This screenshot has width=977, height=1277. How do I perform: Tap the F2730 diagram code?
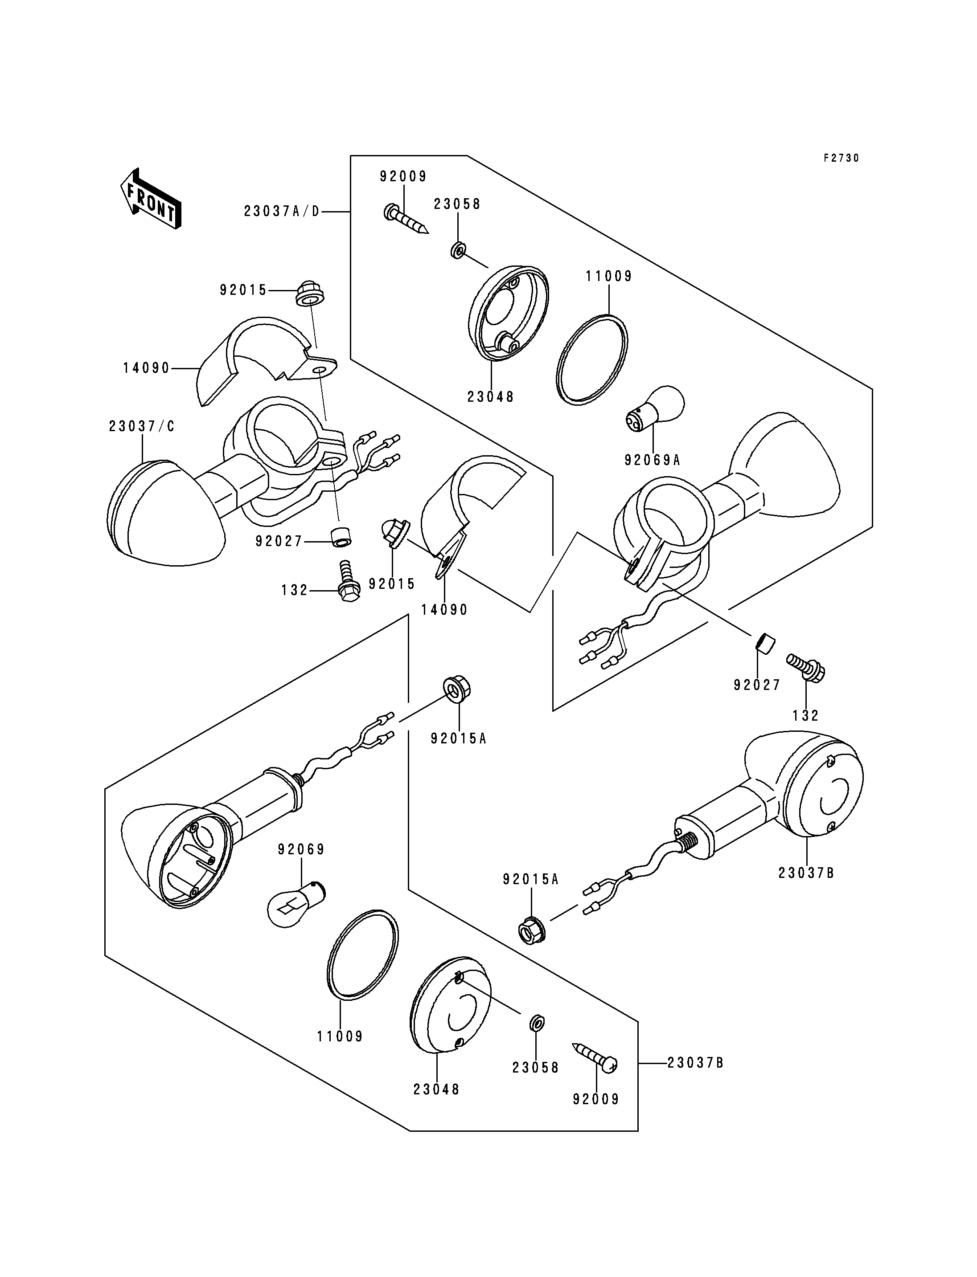(841, 158)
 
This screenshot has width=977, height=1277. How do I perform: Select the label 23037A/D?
(282, 212)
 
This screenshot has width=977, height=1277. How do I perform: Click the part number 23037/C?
(142, 427)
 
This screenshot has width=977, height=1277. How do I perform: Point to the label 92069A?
(652, 460)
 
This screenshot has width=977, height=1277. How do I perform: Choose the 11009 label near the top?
(609, 276)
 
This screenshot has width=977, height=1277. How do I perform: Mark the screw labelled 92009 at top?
(405, 219)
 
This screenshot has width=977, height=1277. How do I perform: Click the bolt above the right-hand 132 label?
(806, 667)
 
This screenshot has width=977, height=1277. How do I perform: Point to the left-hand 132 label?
(294, 591)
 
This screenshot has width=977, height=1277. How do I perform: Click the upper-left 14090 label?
(146, 368)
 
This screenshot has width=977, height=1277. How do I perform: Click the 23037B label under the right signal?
(807, 889)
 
